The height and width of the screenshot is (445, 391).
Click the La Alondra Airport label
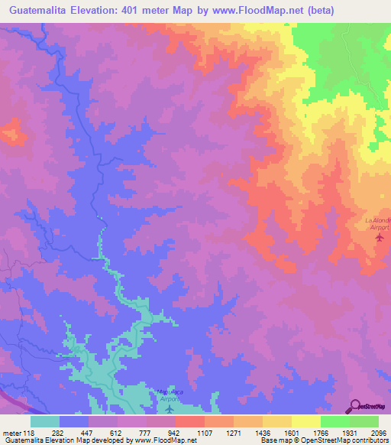377,223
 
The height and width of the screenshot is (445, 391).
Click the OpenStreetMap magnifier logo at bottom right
355,406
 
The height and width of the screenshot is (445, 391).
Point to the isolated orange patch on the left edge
11,132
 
